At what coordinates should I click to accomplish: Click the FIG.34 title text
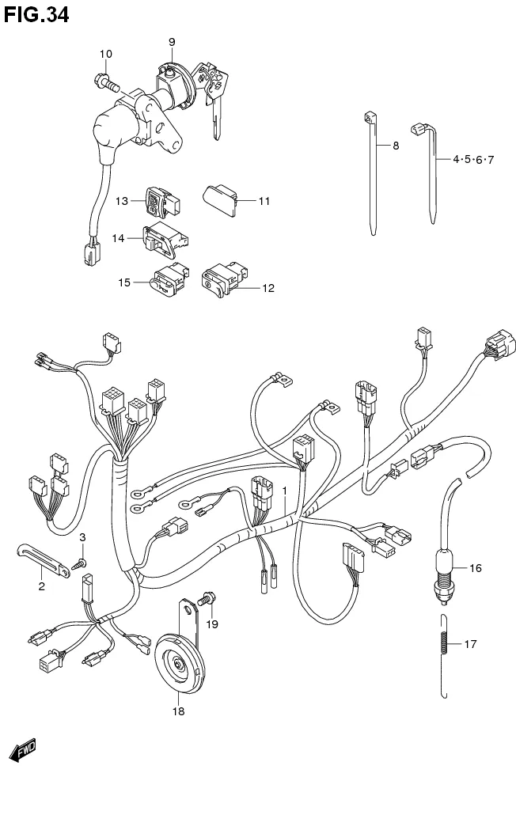pyautogui.click(x=36, y=13)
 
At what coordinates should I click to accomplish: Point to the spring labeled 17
pyautogui.click(x=446, y=635)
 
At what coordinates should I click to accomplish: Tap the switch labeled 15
pyautogui.click(x=167, y=279)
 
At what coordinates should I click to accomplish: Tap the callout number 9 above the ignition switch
pyautogui.click(x=172, y=41)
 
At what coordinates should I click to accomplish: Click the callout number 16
pyautogui.click(x=475, y=568)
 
